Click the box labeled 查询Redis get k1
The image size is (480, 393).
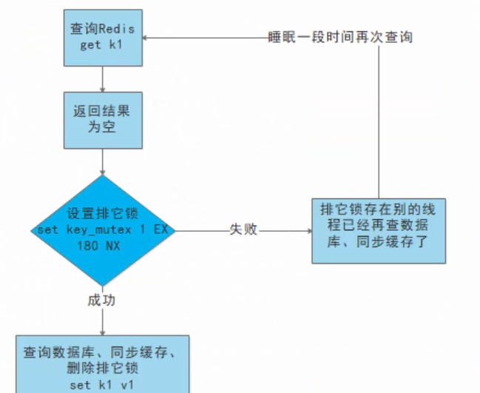[101, 37]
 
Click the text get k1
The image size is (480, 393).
[101, 45]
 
